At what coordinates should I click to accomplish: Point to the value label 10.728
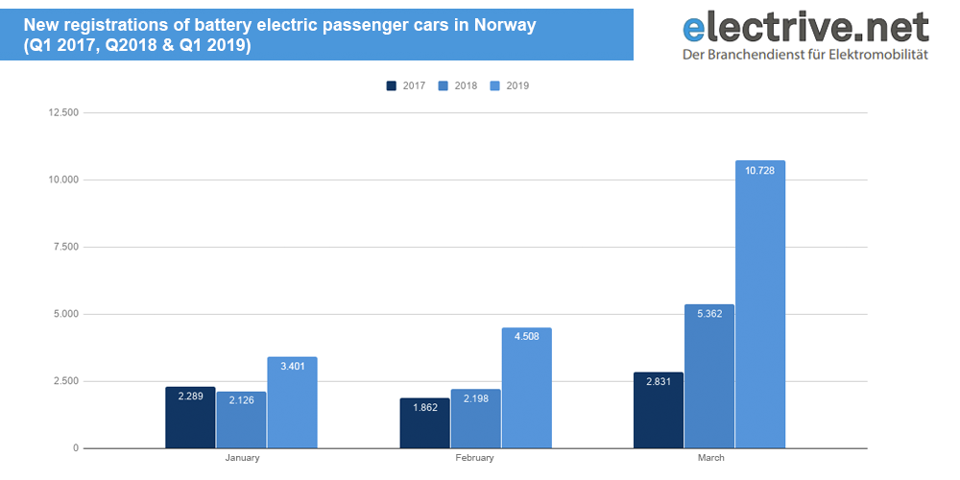tap(759, 170)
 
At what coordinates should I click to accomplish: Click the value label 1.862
tap(424, 408)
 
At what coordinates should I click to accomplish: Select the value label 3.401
tap(292, 367)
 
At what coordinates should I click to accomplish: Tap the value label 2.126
tap(241, 401)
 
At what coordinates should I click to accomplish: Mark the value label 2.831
tap(659, 382)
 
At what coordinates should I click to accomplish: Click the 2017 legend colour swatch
tap(392, 85)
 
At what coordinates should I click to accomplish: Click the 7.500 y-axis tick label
tap(65, 247)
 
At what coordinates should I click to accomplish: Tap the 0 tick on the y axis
tap(75, 448)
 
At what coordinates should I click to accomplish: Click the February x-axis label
tap(475, 458)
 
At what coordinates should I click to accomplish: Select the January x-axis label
tap(242, 458)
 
